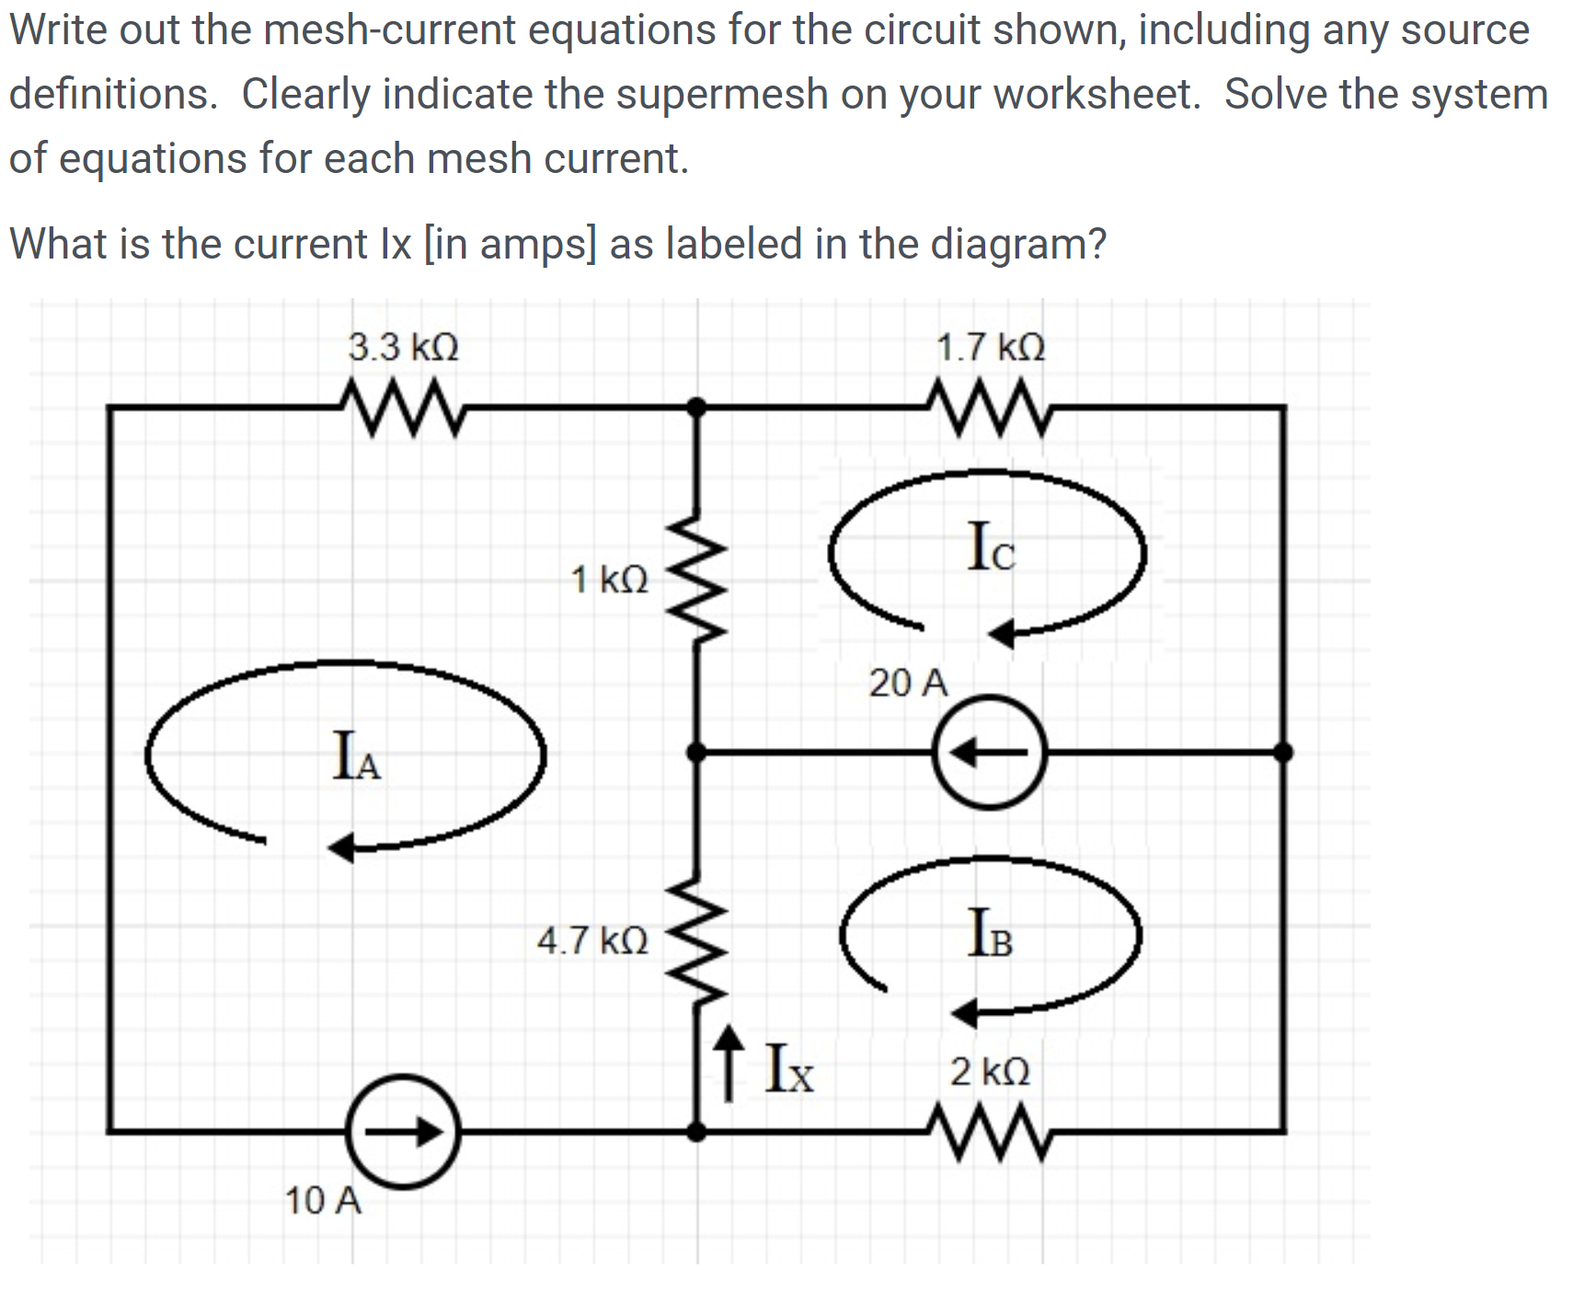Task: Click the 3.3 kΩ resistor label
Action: tap(403, 348)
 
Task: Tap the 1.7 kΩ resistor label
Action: tap(991, 348)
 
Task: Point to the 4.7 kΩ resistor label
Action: tap(592, 940)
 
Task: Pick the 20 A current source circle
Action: tap(990, 753)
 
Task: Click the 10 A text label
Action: tap(323, 1201)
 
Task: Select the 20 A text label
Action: tap(908, 683)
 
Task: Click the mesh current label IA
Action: tap(356, 756)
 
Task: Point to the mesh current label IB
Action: tap(991, 933)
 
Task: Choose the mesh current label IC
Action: tap(992, 547)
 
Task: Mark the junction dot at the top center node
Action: tap(697, 406)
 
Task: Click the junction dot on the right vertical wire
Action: tap(1283, 753)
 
